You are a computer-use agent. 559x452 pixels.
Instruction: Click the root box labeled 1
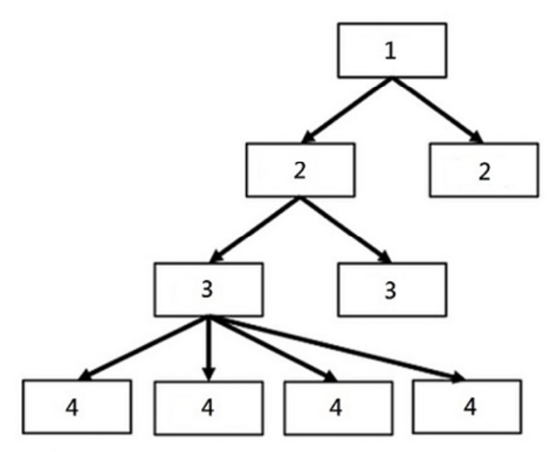point(392,51)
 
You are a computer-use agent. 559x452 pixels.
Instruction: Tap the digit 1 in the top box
point(391,51)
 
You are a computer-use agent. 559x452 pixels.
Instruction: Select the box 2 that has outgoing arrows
point(301,170)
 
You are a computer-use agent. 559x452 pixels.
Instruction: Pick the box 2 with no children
point(484,170)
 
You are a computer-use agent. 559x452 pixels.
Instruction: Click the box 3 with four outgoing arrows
point(209,289)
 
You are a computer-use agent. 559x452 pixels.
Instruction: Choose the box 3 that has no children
point(392,289)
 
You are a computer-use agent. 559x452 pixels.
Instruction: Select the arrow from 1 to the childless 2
point(438,110)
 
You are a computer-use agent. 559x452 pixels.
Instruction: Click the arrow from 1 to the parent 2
point(346,110)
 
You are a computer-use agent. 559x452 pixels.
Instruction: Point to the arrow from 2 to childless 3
point(346,230)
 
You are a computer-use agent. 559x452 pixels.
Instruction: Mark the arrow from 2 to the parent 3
point(255,230)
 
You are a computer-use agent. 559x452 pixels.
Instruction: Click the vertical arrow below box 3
point(209,349)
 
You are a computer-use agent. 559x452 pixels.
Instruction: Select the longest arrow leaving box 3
point(337,349)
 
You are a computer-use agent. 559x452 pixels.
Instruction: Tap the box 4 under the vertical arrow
point(209,408)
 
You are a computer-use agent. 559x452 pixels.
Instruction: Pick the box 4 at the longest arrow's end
point(467,407)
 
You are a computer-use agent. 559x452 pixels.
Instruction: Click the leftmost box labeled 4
point(77,407)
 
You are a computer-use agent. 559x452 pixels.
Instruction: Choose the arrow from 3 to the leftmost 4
point(144,349)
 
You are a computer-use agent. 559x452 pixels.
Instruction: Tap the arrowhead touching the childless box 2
point(476,138)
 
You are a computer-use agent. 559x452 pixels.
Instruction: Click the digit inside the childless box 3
point(390,290)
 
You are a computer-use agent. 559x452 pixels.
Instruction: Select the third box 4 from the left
point(339,408)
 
